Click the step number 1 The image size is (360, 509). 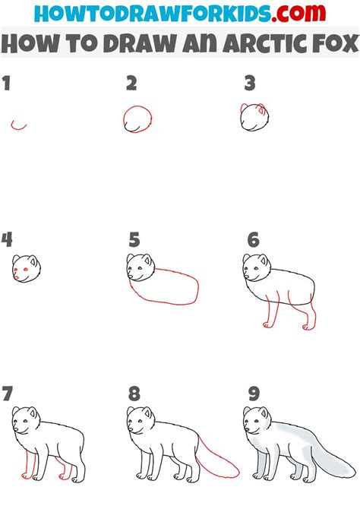(7, 84)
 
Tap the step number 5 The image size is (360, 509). (134, 241)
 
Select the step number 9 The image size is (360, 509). (252, 394)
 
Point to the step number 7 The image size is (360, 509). (8, 394)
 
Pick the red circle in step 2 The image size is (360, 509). (137, 119)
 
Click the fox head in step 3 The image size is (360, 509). (255, 117)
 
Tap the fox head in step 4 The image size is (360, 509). (26, 268)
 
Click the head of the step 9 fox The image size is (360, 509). (255, 421)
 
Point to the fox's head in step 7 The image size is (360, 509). (26, 421)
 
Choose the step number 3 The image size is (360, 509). (249, 84)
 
